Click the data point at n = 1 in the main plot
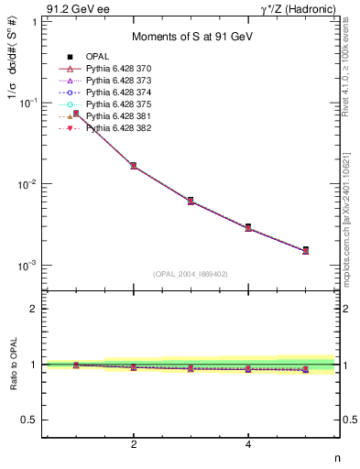[76, 114]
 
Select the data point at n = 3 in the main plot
[191, 200]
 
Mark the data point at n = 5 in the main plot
[305, 249]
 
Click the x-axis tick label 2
[134, 445]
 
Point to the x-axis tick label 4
[248, 445]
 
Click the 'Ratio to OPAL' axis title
[12, 364]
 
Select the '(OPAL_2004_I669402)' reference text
[190, 273]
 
